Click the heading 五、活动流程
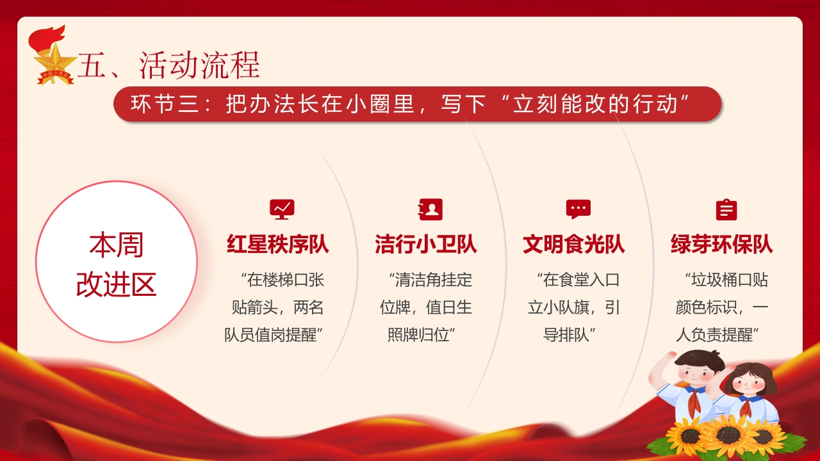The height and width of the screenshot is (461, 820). click(x=168, y=65)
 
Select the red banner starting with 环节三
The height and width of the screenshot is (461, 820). click(x=417, y=104)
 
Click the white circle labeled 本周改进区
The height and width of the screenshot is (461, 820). click(x=117, y=262)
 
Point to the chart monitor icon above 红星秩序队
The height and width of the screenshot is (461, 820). click(x=282, y=209)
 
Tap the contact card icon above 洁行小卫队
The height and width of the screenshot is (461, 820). click(x=430, y=209)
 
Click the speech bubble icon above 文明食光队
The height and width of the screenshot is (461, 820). click(x=578, y=209)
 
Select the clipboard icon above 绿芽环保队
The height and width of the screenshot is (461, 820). click(x=726, y=209)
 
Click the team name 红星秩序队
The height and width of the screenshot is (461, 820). click(x=278, y=244)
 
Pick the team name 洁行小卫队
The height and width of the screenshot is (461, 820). click(x=426, y=244)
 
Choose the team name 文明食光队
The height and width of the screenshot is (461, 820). click(x=573, y=244)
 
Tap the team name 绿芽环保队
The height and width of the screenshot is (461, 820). click(x=721, y=244)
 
